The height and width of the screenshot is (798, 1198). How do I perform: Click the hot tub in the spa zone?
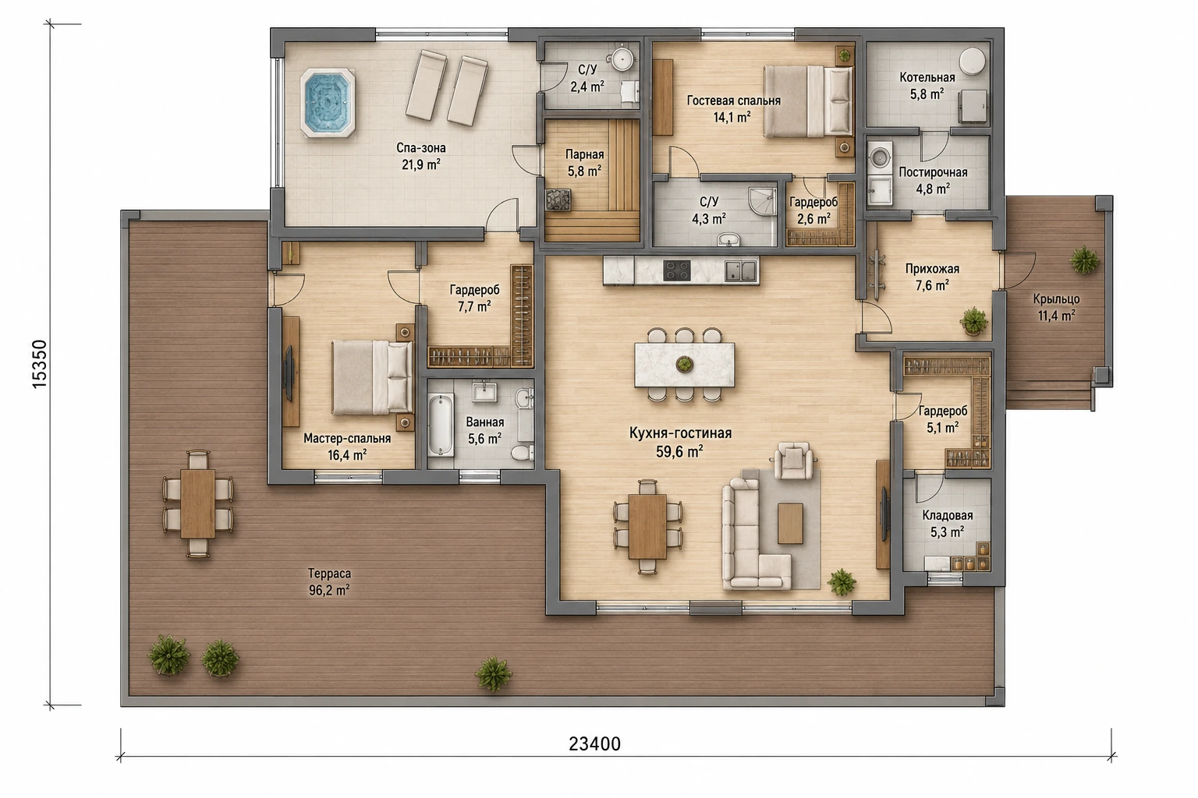(x=328, y=103)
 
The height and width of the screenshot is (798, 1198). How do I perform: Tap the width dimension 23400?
(x=594, y=743)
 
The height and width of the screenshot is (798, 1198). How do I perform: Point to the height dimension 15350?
(x=40, y=364)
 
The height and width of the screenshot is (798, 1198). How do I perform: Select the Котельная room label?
(x=927, y=77)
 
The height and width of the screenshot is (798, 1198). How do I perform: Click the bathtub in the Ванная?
(x=441, y=425)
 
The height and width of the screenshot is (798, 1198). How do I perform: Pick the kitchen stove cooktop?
(x=676, y=270)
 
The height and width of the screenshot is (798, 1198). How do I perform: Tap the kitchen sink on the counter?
(x=740, y=270)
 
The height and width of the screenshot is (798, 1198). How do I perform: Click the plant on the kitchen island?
(x=684, y=365)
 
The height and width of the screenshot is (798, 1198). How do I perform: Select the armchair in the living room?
(x=794, y=461)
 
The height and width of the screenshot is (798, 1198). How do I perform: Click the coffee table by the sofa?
(x=790, y=523)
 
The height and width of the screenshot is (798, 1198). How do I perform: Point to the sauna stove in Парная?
(x=558, y=200)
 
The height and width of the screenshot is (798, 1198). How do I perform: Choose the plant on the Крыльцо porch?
(x=1085, y=260)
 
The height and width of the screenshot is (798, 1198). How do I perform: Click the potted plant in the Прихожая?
(x=974, y=321)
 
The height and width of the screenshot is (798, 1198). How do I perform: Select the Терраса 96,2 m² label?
(x=329, y=581)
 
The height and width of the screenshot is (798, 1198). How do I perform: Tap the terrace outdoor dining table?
(x=198, y=503)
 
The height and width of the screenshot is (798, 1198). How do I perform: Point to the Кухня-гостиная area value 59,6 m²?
(x=680, y=452)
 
